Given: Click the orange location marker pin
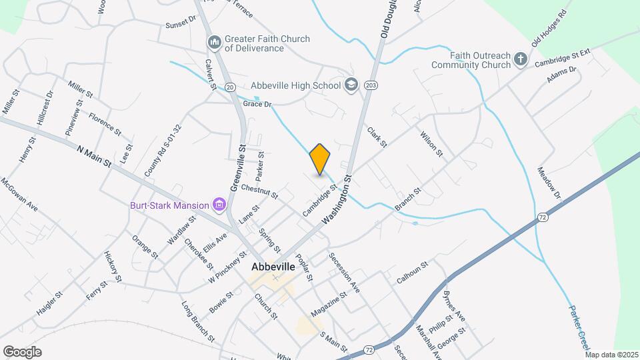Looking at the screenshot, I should pyautogui.click(x=320, y=159).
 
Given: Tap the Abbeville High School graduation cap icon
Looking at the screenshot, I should pyautogui.click(x=351, y=85).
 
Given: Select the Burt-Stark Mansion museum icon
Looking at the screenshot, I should pyautogui.click(x=217, y=205).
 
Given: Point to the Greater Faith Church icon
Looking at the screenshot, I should pyautogui.click(x=214, y=43).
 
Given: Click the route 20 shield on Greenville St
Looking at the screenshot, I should pyautogui.click(x=231, y=87).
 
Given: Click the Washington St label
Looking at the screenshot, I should pyautogui.click(x=336, y=199).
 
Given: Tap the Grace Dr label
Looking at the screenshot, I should pyautogui.click(x=258, y=104).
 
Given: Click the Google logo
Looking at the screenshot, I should pyautogui.click(x=22, y=351).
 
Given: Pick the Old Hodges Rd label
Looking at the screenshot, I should pyautogui.click(x=549, y=28).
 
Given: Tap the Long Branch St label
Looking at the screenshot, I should pyautogui.click(x=198, y=322).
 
